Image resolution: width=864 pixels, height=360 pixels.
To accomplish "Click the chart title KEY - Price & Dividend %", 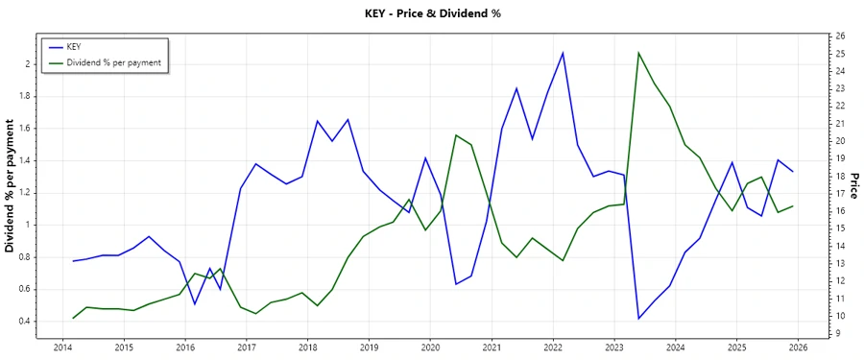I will pyautogui.click(x=433, y=13).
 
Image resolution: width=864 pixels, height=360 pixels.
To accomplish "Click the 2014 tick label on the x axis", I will pyautogui.click(x=62, y=347).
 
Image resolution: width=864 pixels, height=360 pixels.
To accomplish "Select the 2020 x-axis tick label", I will pyautogui.click(x=430, y=347).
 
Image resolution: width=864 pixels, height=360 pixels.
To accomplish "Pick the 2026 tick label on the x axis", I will pyautogui.click(x=798, y=347).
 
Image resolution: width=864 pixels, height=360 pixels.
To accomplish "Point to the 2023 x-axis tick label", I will pyautogui.click(x=614, y=347).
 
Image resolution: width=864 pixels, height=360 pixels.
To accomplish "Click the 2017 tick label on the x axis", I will pyautogui.click(x=247, y=347).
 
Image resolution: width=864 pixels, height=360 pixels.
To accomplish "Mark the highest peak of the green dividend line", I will pyautogui.click(x=639, y=53).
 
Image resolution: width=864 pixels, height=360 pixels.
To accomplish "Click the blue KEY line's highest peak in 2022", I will pyautogui.click(x=563, y=52).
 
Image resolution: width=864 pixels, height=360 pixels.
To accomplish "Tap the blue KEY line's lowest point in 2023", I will pyautogui.click(x=639, y=319).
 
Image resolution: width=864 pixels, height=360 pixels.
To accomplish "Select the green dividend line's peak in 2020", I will pyautogui.click(x=456, y=135).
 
